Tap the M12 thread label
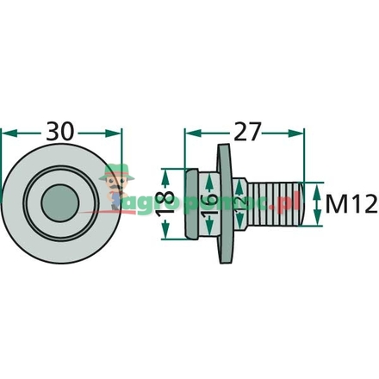click(x=351, y=204)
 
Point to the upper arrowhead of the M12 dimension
click(x=319, y=187)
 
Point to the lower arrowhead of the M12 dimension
click(x=319, y=223)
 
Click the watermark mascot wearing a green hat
click(x=112, y=183)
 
